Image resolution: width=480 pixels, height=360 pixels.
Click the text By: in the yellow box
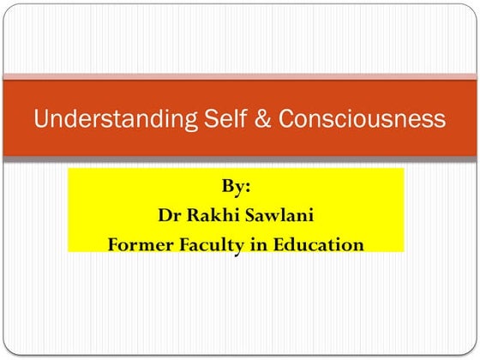(236, 183)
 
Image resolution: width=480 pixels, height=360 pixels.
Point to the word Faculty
(214, 244)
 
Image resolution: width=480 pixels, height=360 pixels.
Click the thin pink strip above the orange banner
(240, 76)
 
